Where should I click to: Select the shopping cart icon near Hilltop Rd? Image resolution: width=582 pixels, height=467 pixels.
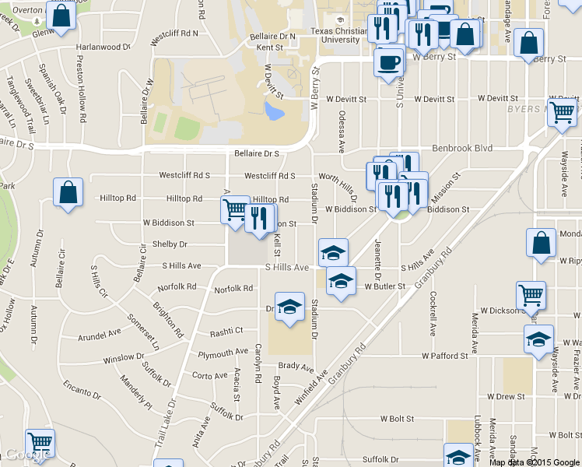click(x=234, y=209)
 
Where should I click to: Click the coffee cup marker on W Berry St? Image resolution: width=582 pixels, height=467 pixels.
click(x=388, y=61)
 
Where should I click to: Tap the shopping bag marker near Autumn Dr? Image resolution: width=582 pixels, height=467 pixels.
click(x=68, y=192)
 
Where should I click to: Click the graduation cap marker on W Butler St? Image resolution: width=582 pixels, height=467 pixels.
click(x=340, y=281)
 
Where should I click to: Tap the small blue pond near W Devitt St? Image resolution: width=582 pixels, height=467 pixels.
click(x=274, y=113)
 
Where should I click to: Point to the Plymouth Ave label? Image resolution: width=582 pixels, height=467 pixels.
click(x=223, y=353)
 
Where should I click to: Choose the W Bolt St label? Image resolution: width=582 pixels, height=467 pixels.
click(x=396, y=418)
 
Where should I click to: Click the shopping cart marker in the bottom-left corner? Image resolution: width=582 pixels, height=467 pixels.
click(x=40, y=442)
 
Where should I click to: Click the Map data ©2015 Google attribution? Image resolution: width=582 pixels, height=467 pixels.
click(x=535, y=462)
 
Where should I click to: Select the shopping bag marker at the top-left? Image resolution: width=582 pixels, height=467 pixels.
click(x=60, y=15)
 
